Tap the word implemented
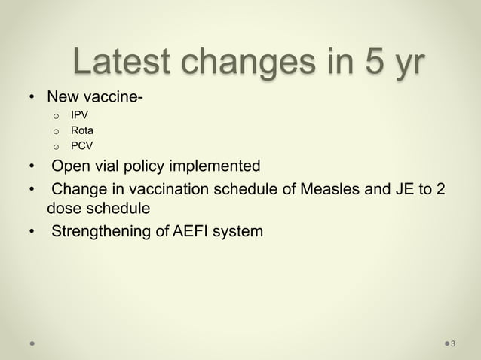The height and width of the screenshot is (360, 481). pos(213,166)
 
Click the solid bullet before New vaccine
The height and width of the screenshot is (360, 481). pos(32,98)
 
